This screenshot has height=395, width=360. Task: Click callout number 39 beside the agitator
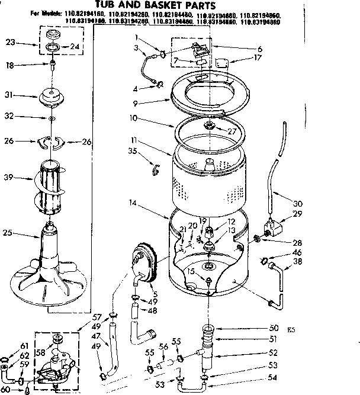[9, 177]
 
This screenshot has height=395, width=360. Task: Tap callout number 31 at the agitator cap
[8, 95]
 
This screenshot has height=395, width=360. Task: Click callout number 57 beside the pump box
[97, 317]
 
